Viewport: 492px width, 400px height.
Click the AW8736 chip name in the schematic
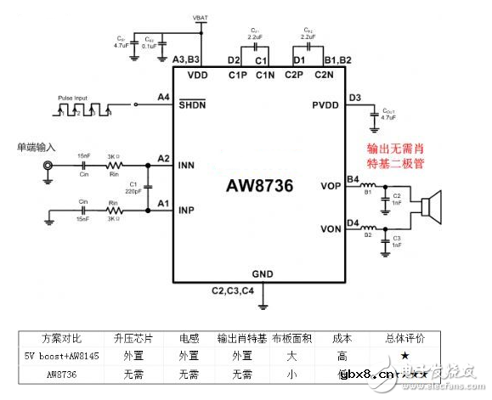(259, 187)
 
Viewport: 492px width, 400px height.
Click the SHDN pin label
(192, 104)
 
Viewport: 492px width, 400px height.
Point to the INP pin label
(189, 209)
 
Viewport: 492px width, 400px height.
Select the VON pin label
(331, 229)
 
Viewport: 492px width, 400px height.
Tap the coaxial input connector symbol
(49, 168)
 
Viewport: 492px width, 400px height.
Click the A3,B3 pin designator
(186, 60)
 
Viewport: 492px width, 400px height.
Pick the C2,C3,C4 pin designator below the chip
(233, 291)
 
